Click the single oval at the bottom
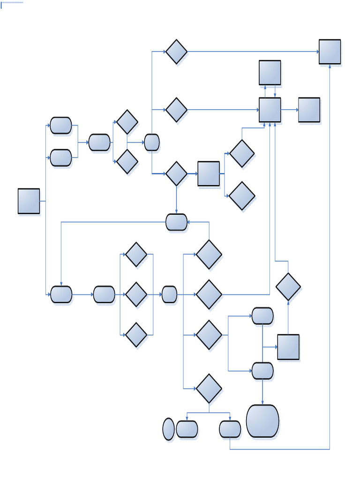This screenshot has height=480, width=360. [x=168, y=429]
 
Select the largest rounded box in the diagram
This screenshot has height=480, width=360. [x=262, y=421]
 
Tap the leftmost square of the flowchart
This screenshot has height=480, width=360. [x=29, y=201]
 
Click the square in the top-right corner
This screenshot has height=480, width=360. [x=330, y=52]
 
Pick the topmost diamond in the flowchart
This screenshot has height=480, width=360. [x=176, y=52]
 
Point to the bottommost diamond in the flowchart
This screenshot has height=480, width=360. [x=209, y=388]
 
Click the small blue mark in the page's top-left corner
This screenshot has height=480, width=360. [x=1, y=5]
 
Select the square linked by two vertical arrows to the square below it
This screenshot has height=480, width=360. [x=270, y=73]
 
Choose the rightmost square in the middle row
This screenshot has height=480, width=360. [x=309, y=110]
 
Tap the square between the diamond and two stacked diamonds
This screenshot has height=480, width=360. [x=209, y=173]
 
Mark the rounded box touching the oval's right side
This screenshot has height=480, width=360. [x=187, y=429]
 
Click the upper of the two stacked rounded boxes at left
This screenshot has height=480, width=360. [x=61, y=125]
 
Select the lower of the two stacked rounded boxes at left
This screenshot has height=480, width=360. [x=61, y=157]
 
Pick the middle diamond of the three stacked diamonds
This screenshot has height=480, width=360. [x=136, y=294]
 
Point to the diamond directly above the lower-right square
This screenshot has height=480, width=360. [x=288, y=286]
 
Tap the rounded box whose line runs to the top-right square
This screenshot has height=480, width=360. [x=230, y=429]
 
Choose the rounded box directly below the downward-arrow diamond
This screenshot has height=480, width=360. [x=176, y=222]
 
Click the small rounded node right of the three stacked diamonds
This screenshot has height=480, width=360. [x=169, y=294]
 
